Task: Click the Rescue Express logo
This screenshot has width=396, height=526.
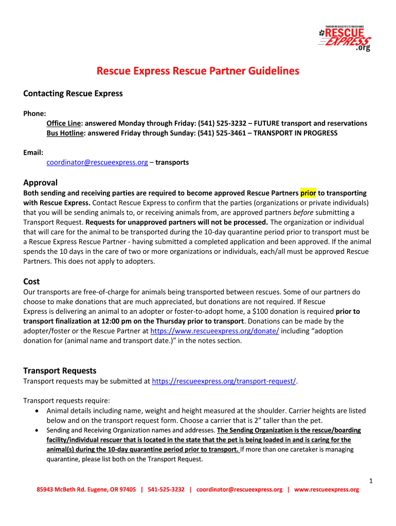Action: (x=345, y=37)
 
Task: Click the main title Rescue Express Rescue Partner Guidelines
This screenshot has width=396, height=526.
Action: (x=198, y=71)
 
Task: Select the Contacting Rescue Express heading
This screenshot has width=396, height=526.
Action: (x=73, y=93)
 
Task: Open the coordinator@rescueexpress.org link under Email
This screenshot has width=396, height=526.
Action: (x=97, y=162)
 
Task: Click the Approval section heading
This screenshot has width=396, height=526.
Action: (x=41, y=182)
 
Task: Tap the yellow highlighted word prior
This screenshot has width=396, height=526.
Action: (x=308, y=193)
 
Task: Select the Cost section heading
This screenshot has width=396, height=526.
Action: (x=32, y=281)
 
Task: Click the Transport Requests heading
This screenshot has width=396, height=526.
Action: (x=60, y=370)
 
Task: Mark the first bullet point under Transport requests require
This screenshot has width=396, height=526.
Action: (x=36, y=411)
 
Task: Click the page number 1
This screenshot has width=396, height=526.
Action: (x=370, y=480)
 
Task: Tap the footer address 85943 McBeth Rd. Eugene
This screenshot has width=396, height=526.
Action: (x=86, y=490)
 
